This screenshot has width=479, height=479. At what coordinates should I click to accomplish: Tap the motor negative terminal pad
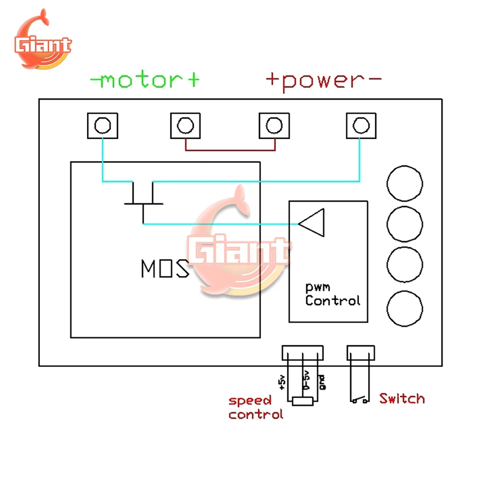point(102,125)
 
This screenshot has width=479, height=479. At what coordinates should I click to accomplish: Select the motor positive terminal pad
point(185,125)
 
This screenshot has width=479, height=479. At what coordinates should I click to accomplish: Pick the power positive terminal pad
point(274,125)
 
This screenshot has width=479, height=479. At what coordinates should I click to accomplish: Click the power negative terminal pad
point(361,125)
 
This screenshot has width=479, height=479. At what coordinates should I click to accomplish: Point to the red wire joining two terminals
point(230,149)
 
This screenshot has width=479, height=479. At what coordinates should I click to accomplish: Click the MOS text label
point(164,269)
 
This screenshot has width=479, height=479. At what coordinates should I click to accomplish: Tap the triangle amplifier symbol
point(312,223)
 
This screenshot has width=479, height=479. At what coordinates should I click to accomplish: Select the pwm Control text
point(332,296)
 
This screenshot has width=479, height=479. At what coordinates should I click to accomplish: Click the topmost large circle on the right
point(405,184)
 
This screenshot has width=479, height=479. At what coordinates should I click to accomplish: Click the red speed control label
point(255,407)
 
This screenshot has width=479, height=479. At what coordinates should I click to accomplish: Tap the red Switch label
point(402,399)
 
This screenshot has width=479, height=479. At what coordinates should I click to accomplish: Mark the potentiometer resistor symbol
point(303,401)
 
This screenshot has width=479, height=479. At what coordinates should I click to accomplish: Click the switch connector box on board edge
point(360,354)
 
